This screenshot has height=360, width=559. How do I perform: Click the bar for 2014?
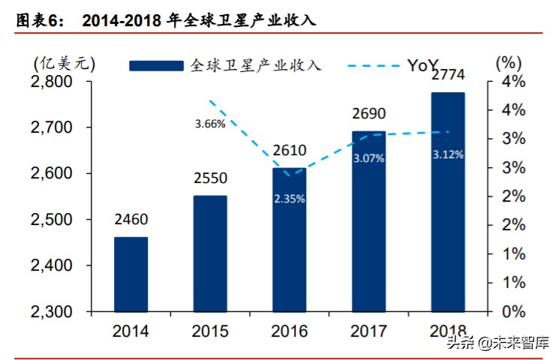[131, 274]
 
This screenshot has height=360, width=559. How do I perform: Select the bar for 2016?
[289, 240]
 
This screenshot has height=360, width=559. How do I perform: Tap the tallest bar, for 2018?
[447, 202]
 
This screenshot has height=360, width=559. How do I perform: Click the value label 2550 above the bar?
[210, 180]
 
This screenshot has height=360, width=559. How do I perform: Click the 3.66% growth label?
[209, 124]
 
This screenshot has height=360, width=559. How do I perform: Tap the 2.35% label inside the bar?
[289, 199]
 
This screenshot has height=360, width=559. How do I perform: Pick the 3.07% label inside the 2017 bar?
[368, 158]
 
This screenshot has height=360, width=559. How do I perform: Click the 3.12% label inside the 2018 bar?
[448, 154]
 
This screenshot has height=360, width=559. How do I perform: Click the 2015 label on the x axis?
[210, 331]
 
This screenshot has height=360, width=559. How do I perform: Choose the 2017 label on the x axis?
[368, 331]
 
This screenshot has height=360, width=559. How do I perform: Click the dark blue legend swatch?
[156, 66]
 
